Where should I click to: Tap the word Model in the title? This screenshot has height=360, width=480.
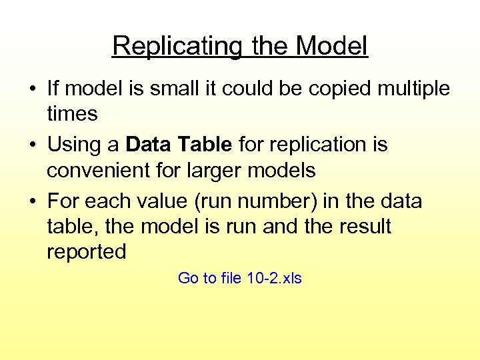point(332,47)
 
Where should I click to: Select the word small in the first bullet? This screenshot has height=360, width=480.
point(167,89)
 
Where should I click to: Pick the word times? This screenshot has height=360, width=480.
point(72,114)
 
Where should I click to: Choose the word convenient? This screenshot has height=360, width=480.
point(101,170)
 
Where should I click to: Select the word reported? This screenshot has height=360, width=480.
point(87,251)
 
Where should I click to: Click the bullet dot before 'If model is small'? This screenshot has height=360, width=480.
point(33,89)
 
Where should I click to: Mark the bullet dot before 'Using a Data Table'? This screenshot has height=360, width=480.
point(33,145)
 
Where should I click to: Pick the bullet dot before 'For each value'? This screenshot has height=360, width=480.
point(33,201)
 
